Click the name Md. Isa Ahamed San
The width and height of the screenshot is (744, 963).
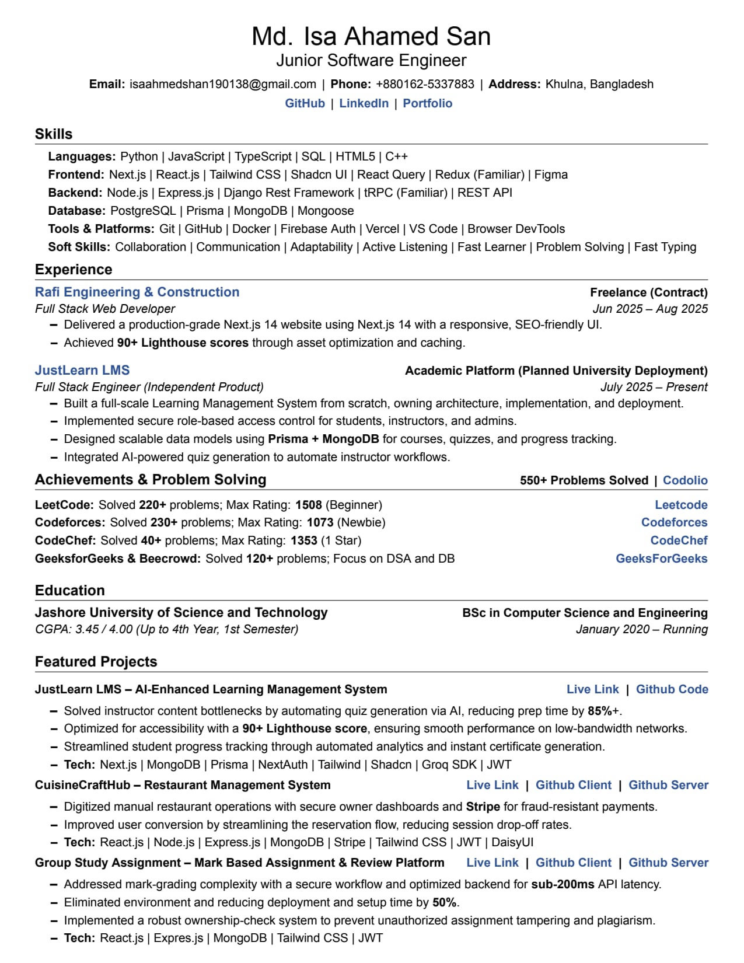371,36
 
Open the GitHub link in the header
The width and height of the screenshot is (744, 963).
305,103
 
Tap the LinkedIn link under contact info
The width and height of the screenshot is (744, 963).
364,103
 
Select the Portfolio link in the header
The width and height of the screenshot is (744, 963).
427,103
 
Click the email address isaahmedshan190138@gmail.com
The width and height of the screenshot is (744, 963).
223,84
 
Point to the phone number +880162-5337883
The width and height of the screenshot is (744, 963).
425,84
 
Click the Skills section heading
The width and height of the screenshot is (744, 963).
54,134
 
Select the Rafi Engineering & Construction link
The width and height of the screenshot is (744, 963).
137,292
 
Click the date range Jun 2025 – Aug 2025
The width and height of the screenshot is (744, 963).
650,309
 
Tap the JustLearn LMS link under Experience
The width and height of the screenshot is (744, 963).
82,370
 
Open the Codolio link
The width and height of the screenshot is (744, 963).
685,480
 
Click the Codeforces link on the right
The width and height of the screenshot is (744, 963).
674,522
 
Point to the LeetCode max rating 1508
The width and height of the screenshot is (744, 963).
309,505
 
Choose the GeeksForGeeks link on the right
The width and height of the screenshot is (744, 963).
661,559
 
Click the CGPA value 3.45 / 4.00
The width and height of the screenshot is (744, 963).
104,629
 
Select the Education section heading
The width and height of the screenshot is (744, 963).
70,591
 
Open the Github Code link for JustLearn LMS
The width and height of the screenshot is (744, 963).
672,689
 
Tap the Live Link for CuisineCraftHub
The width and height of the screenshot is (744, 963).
492,785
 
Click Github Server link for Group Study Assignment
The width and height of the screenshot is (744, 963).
668,863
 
